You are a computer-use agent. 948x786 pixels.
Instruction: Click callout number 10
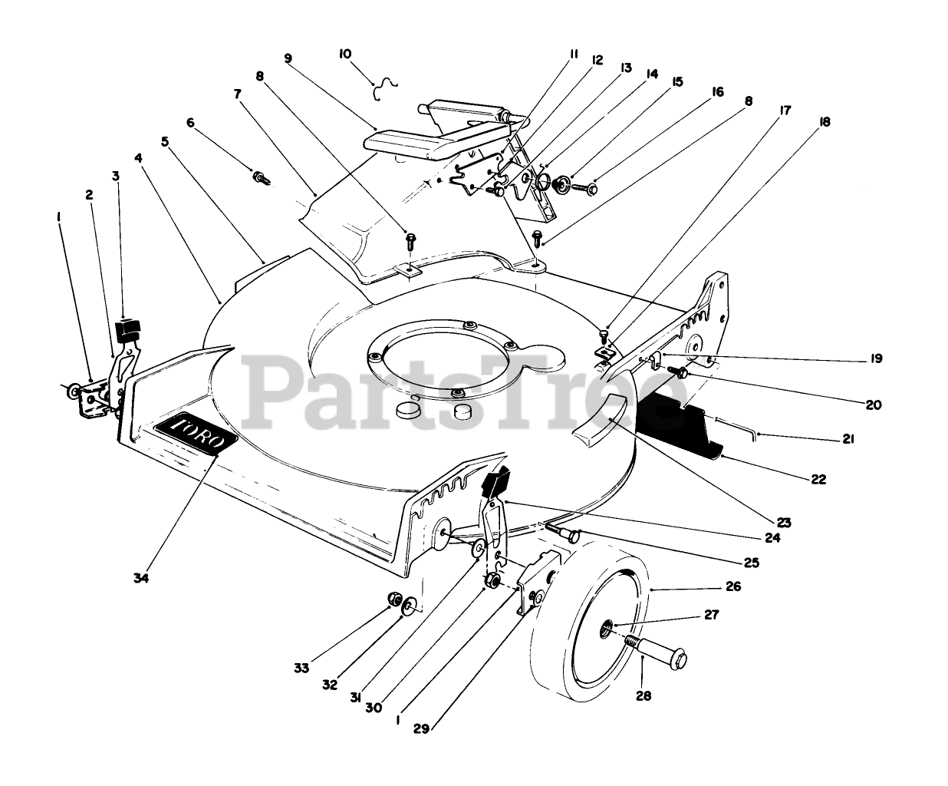tap(345, 54)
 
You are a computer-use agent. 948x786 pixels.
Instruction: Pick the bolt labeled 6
tap(261, 178)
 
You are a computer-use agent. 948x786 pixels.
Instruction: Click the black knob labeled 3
tap(127, 331)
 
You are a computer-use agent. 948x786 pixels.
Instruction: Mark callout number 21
tap(848, 440)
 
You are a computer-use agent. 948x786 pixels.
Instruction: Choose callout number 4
tap(138, 158)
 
